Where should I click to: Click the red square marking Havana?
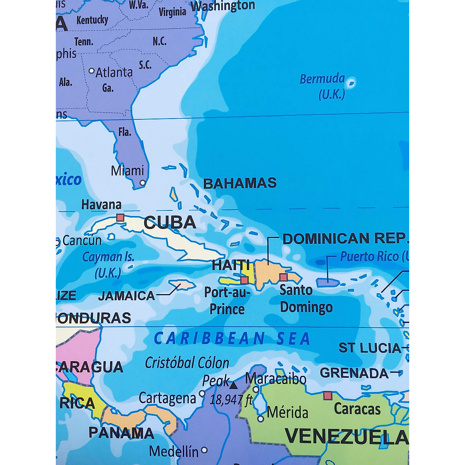[120, 217]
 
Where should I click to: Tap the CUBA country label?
[170, 222]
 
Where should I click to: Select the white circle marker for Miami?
[143, 183]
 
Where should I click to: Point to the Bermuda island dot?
[351, 82]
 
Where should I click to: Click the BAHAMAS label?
[240, 183]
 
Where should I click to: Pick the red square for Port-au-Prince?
[245, 280]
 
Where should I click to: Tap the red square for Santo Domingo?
[284, 277]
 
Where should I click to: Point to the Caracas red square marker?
[328, 395]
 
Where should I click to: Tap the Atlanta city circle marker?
[92, 71]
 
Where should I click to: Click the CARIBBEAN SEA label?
[232, 338]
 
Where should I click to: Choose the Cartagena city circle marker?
[202, 393]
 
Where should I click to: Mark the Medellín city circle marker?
[204, 450]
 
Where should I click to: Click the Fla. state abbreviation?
[125, 132]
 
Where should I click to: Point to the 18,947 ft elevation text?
[231, 399]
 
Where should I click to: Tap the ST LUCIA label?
[370, 348]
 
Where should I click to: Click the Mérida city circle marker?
[261, 418]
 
